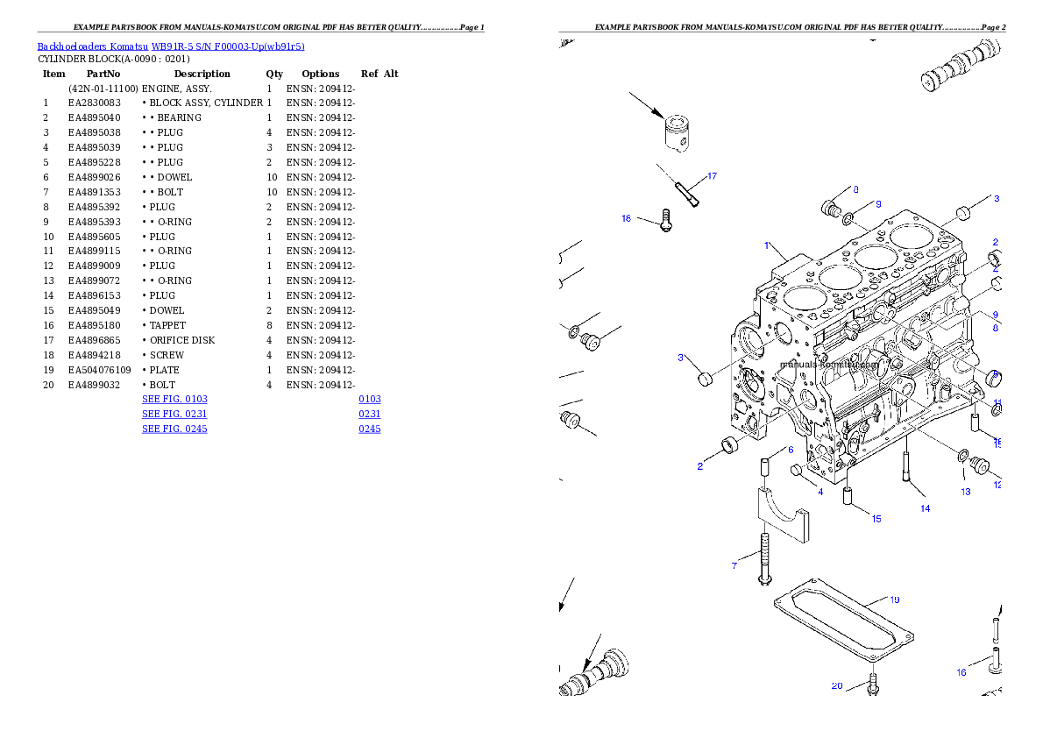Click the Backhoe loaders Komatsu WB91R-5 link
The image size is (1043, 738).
click(171, 46)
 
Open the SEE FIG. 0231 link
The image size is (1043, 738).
click(174, 414)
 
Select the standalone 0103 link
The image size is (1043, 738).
click(369, 399)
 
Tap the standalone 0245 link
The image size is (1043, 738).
click(369, 429)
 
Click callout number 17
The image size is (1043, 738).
click(711, 176)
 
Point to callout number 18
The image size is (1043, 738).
click(626, 218)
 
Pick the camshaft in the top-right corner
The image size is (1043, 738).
click(961, 67)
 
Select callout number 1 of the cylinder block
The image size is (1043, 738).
click(766, 245)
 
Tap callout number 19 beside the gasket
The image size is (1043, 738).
click(894, 600)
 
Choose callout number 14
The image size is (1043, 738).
click(924, 508)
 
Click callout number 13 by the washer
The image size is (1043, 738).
click(965, 492)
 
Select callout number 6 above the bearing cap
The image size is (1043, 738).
click(790, 450)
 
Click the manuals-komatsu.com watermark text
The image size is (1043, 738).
click(828, 364)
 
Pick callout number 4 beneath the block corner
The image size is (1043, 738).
click(819, 492)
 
